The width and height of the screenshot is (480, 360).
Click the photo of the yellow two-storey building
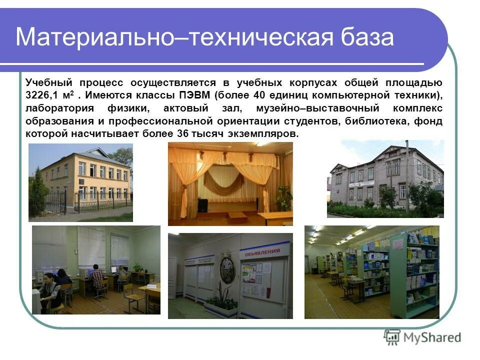80,182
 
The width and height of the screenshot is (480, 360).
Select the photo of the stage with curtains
230,183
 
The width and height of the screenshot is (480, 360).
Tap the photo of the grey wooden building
385,179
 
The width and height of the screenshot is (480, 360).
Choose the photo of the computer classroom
96,270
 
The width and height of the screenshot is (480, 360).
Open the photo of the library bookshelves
371,272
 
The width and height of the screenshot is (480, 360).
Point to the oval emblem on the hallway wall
227,269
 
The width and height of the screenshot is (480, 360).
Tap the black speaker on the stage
203,205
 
